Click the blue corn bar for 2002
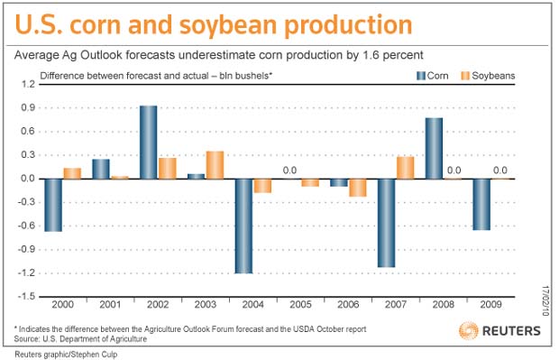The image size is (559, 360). [148, 143]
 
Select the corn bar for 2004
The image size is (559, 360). [243, 226]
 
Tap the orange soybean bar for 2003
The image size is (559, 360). [215, 165]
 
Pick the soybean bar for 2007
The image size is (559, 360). [406, 168]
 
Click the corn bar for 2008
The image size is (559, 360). [434, 149]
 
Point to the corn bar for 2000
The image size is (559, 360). [53, 205]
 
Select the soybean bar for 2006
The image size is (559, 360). [358, 188]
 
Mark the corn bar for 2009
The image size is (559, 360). [481, 205]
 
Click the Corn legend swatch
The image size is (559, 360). [421, 76]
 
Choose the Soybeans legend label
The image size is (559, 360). [493, 76]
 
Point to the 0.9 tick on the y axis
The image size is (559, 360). [28, 107]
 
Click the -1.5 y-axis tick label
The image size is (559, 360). [27, 297]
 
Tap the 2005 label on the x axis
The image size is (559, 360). [300, 304]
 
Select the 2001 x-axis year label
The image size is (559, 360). [110, 304]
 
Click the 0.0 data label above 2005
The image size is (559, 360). [289, 171]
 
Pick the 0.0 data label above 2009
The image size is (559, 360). [500, 171]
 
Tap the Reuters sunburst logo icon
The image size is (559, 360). [468, 330]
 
